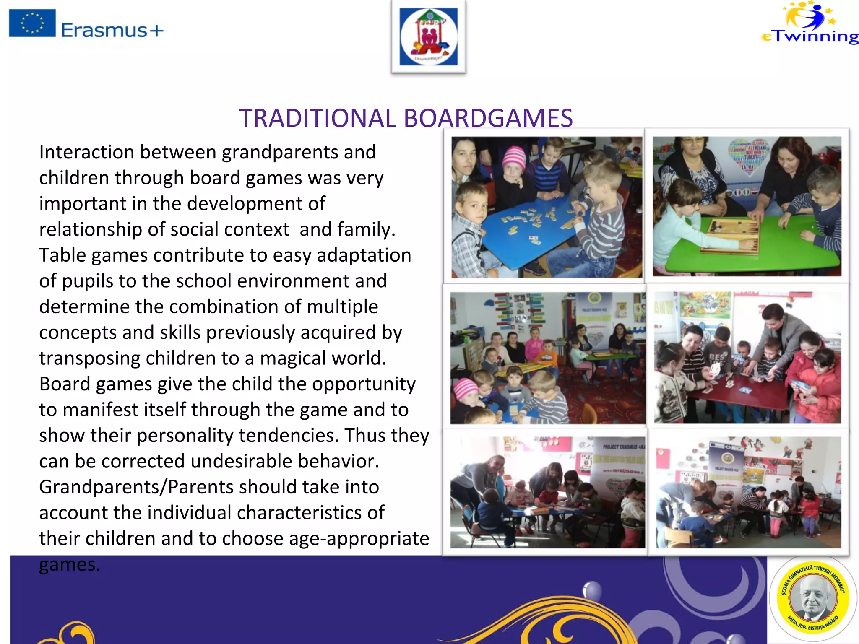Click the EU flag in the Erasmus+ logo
(32, 23)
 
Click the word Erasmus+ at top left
(112, 31)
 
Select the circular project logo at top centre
(428, 37)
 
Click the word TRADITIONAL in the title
(318, 118)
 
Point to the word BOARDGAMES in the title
(488, 118)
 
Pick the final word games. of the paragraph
(70, 565)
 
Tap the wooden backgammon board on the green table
(732, 235)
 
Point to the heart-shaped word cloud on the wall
(749, 156)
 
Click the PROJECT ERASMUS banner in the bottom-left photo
(623, 447)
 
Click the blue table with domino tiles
(533, 231)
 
